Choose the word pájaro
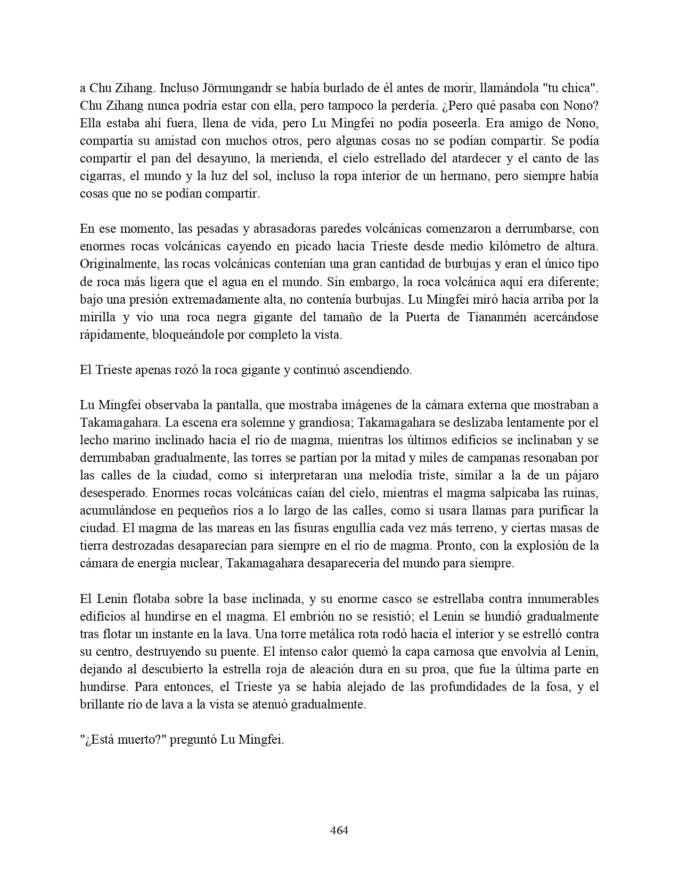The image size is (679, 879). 580,476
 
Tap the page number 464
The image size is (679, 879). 339,831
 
